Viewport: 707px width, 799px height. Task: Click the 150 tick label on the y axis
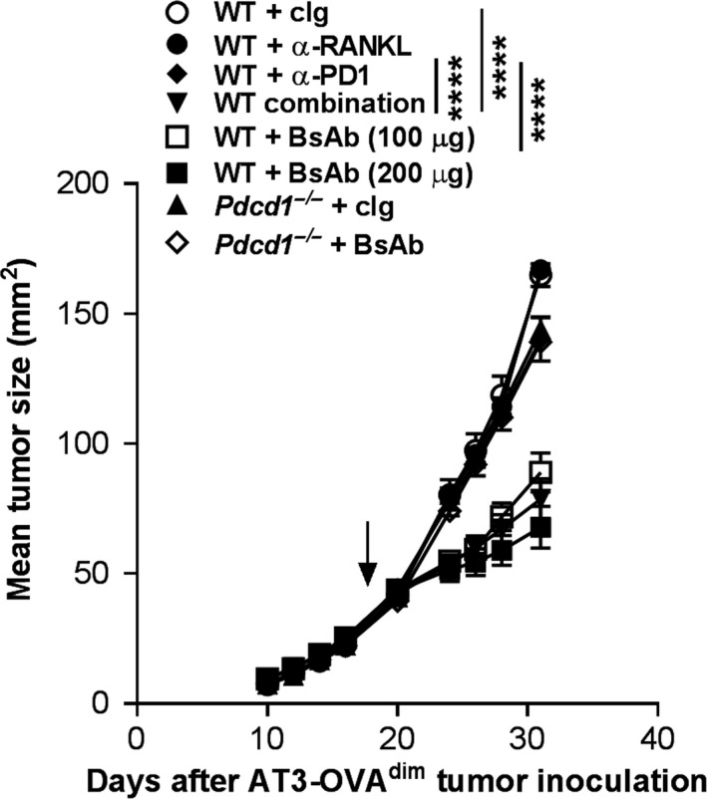98,314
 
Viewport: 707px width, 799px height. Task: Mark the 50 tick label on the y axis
106,574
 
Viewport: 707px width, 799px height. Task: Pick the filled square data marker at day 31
541,527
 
